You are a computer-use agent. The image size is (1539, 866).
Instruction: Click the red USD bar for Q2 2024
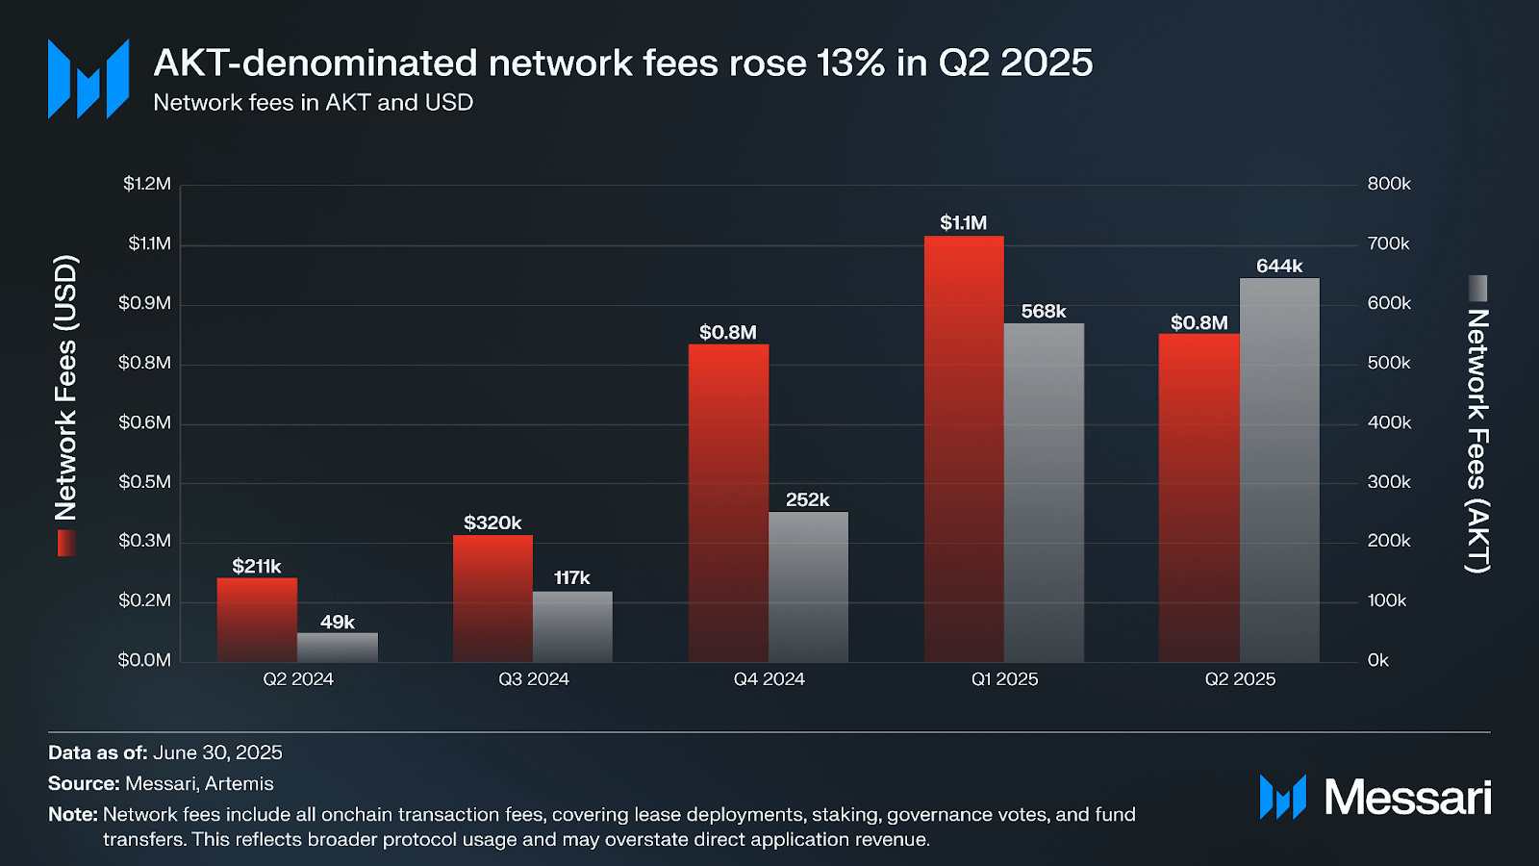pos(257,620)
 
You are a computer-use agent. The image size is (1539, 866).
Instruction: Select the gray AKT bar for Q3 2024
pos(572,626)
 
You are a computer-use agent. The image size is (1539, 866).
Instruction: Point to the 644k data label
pos(1279,267)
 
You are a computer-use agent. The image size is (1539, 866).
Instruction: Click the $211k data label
pos(257,567)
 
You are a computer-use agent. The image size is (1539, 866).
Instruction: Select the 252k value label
pos(807,500)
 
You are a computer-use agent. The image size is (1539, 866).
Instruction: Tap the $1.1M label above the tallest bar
pos(963,223)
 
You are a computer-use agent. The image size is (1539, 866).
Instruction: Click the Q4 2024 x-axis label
pos(769,679)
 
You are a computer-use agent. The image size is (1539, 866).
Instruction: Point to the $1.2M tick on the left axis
pos(146,184)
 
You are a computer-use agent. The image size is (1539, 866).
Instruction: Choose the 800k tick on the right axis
pos(1389,184)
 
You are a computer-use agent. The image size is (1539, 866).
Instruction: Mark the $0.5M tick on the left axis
pos(144,482)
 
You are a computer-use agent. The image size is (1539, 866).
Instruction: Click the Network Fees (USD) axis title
pos(65,388)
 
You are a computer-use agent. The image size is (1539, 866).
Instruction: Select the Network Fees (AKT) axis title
pos(1477,441)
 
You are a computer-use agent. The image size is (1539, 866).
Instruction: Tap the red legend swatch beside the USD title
pos(65,544)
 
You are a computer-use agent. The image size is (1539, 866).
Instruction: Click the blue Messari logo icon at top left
pos(88,79)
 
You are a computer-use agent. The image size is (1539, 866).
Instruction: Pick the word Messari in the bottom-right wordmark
pos(1407,798)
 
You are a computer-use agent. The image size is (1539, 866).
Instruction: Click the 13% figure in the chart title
pos(850,64)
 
